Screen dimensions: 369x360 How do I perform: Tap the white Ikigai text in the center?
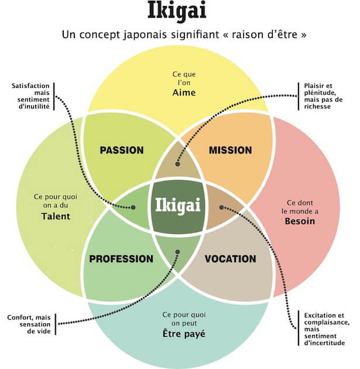tap(179, 205)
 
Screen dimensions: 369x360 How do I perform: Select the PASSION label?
tap(122, 151)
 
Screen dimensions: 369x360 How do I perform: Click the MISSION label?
tap(231, 151)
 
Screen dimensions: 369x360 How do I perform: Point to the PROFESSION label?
tap(121, 259)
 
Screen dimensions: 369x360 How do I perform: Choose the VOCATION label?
tap(231, 259)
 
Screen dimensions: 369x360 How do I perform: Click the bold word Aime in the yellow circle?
tap(180, 93)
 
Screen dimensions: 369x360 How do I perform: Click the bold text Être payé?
tap(180, 335)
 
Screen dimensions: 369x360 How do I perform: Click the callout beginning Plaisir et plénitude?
tap(321, 95)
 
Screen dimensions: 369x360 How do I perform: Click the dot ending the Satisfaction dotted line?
tap(134, 207)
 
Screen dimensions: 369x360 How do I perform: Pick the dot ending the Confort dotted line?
tap(179, 253)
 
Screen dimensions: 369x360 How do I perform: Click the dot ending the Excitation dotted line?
tap(221, 207)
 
